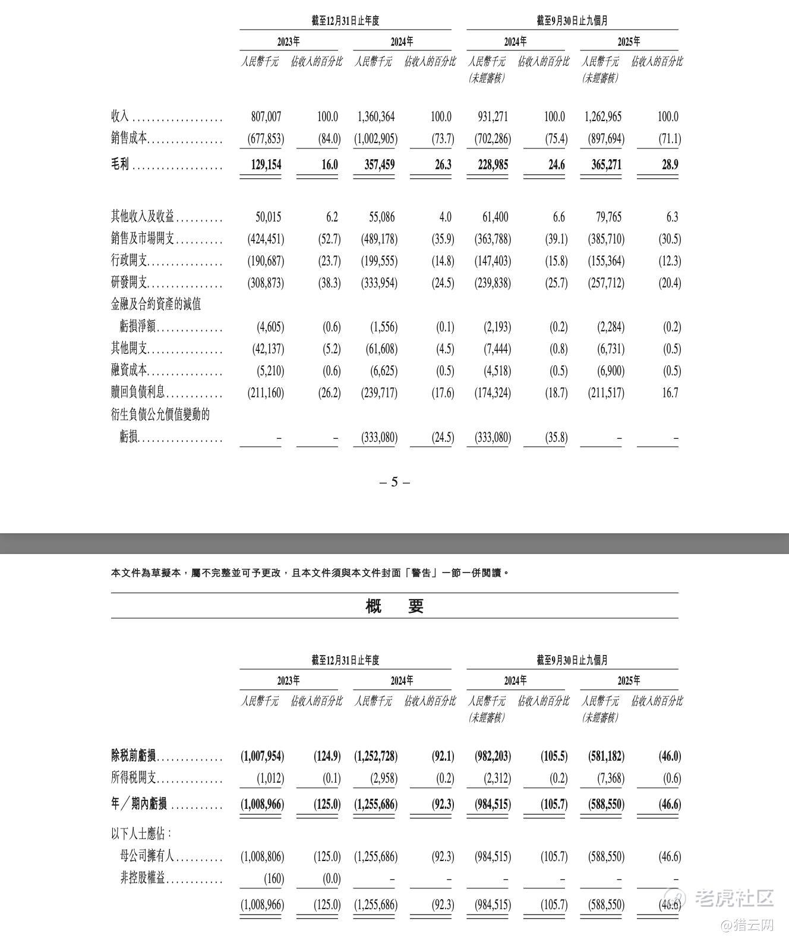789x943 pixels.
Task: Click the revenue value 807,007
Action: click(x=266, y=117)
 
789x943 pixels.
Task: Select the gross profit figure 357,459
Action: click(x=379, y=164)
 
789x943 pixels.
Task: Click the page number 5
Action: click(x=394, y=482)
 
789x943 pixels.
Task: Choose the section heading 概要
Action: click(x=394, y=606)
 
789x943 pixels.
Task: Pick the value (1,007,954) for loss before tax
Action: click(x=262, y=756)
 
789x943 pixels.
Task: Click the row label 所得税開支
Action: click(x=134, y=778)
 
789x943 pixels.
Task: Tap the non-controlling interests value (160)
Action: click(x=273, y=878)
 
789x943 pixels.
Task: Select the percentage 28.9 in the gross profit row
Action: click(x=670, y=164)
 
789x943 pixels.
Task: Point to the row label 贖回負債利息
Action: click(x=138, y=393)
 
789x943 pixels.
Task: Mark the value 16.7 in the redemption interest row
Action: click(x=670, y=393)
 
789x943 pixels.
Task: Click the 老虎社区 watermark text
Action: click(x=734, y=897)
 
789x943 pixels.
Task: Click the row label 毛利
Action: click(x=120, y=164)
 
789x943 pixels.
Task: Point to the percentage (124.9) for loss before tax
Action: click(x=327, y=756)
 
